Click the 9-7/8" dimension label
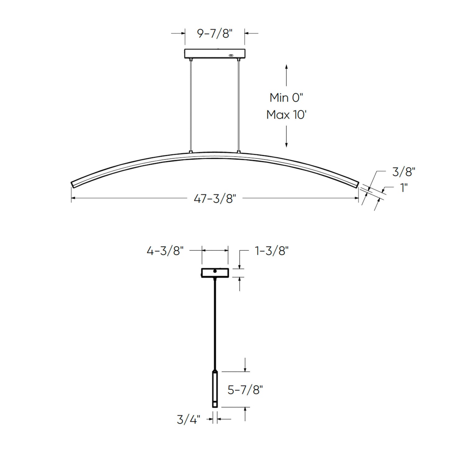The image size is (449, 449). pos(215,33)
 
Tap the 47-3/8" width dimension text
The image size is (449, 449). pos(215,198)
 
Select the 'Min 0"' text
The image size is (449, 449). pos(286,98)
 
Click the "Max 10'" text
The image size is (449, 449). pos(286,115)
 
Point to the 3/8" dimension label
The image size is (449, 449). pos(403,172)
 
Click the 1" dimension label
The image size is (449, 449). pos(404,188)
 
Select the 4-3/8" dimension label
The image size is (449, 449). pos(165,251)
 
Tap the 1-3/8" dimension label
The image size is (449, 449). pos(272,251)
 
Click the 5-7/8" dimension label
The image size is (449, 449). pos(245,389)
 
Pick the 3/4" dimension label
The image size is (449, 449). pos(188,419)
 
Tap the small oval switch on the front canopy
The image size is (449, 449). pos(231,55)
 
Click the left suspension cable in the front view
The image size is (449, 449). pos(191,106)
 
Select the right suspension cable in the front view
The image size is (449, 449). pos(239,106)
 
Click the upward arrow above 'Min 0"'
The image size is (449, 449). pos(286,75)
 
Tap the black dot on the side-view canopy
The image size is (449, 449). pos(215,271)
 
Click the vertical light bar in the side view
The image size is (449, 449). pos(215,388)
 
